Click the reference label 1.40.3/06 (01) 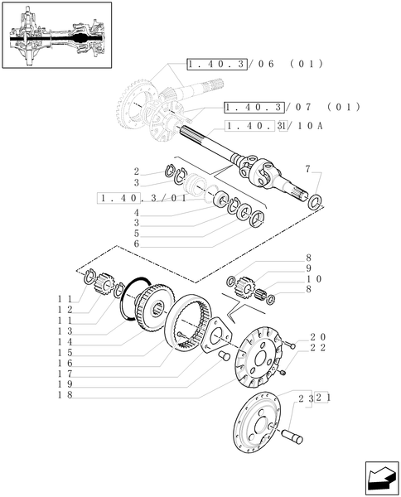point(254,64)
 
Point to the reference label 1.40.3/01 point(141,198)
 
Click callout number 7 point(307,169)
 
